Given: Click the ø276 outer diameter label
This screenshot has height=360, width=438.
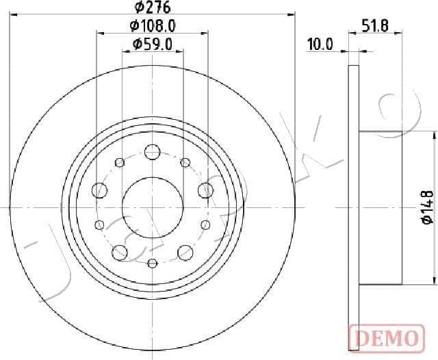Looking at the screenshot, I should [152, 8].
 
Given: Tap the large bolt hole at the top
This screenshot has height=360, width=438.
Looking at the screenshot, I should [152, 151].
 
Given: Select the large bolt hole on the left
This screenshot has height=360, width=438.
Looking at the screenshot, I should [100, 190].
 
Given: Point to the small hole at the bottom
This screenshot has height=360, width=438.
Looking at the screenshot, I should [152, 263].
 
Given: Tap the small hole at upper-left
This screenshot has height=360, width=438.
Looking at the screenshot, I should [120, 162].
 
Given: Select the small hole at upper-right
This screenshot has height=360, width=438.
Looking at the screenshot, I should [185, 162].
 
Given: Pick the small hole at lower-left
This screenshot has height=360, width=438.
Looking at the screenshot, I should [99, 224].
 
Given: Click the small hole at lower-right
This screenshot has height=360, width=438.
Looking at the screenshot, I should [205, 224].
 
